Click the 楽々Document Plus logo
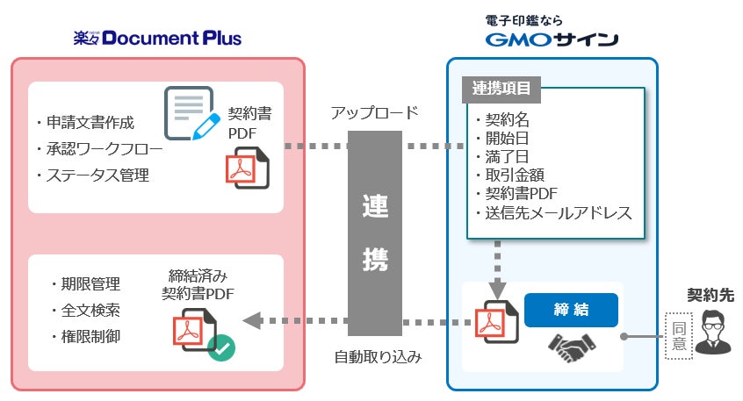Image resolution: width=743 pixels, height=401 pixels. click(158, 38)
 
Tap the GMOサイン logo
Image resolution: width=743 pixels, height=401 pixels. click(552, 39)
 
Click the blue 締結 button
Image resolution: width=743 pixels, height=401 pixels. click(571, 310)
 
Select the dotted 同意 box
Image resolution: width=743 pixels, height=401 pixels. click(677, 333)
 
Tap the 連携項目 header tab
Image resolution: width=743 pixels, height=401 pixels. click(501, 89)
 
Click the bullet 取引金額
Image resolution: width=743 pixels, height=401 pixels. click(510, 174)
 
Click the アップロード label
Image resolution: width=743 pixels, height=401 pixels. click(374, 113)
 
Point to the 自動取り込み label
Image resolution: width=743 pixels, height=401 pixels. click(379, 357)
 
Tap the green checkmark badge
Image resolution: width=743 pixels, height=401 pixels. click(221, 348)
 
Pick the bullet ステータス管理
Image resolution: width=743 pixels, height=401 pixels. click(97, 175)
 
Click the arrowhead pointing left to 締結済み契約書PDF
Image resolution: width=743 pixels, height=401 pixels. click(252, 321)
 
